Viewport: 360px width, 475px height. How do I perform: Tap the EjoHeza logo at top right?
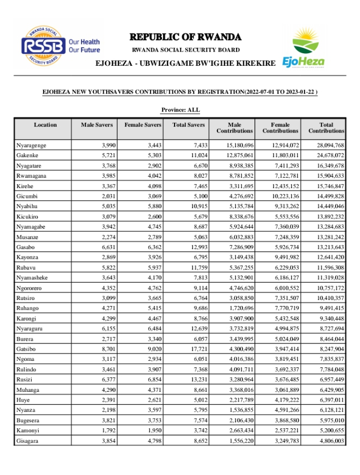tap(303, 49)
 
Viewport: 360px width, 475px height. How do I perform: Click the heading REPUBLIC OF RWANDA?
tap(185, 37)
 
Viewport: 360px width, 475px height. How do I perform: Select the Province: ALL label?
tap(181, 110)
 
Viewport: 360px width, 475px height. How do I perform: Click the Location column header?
tap(45, 125)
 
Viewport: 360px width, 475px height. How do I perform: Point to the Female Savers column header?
tap(143, 125)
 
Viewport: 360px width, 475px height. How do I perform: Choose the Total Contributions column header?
tap(326, 128)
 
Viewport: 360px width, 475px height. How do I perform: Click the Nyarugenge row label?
tap(32, 146)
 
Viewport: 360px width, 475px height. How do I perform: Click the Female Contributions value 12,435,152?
tap(281, 185)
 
